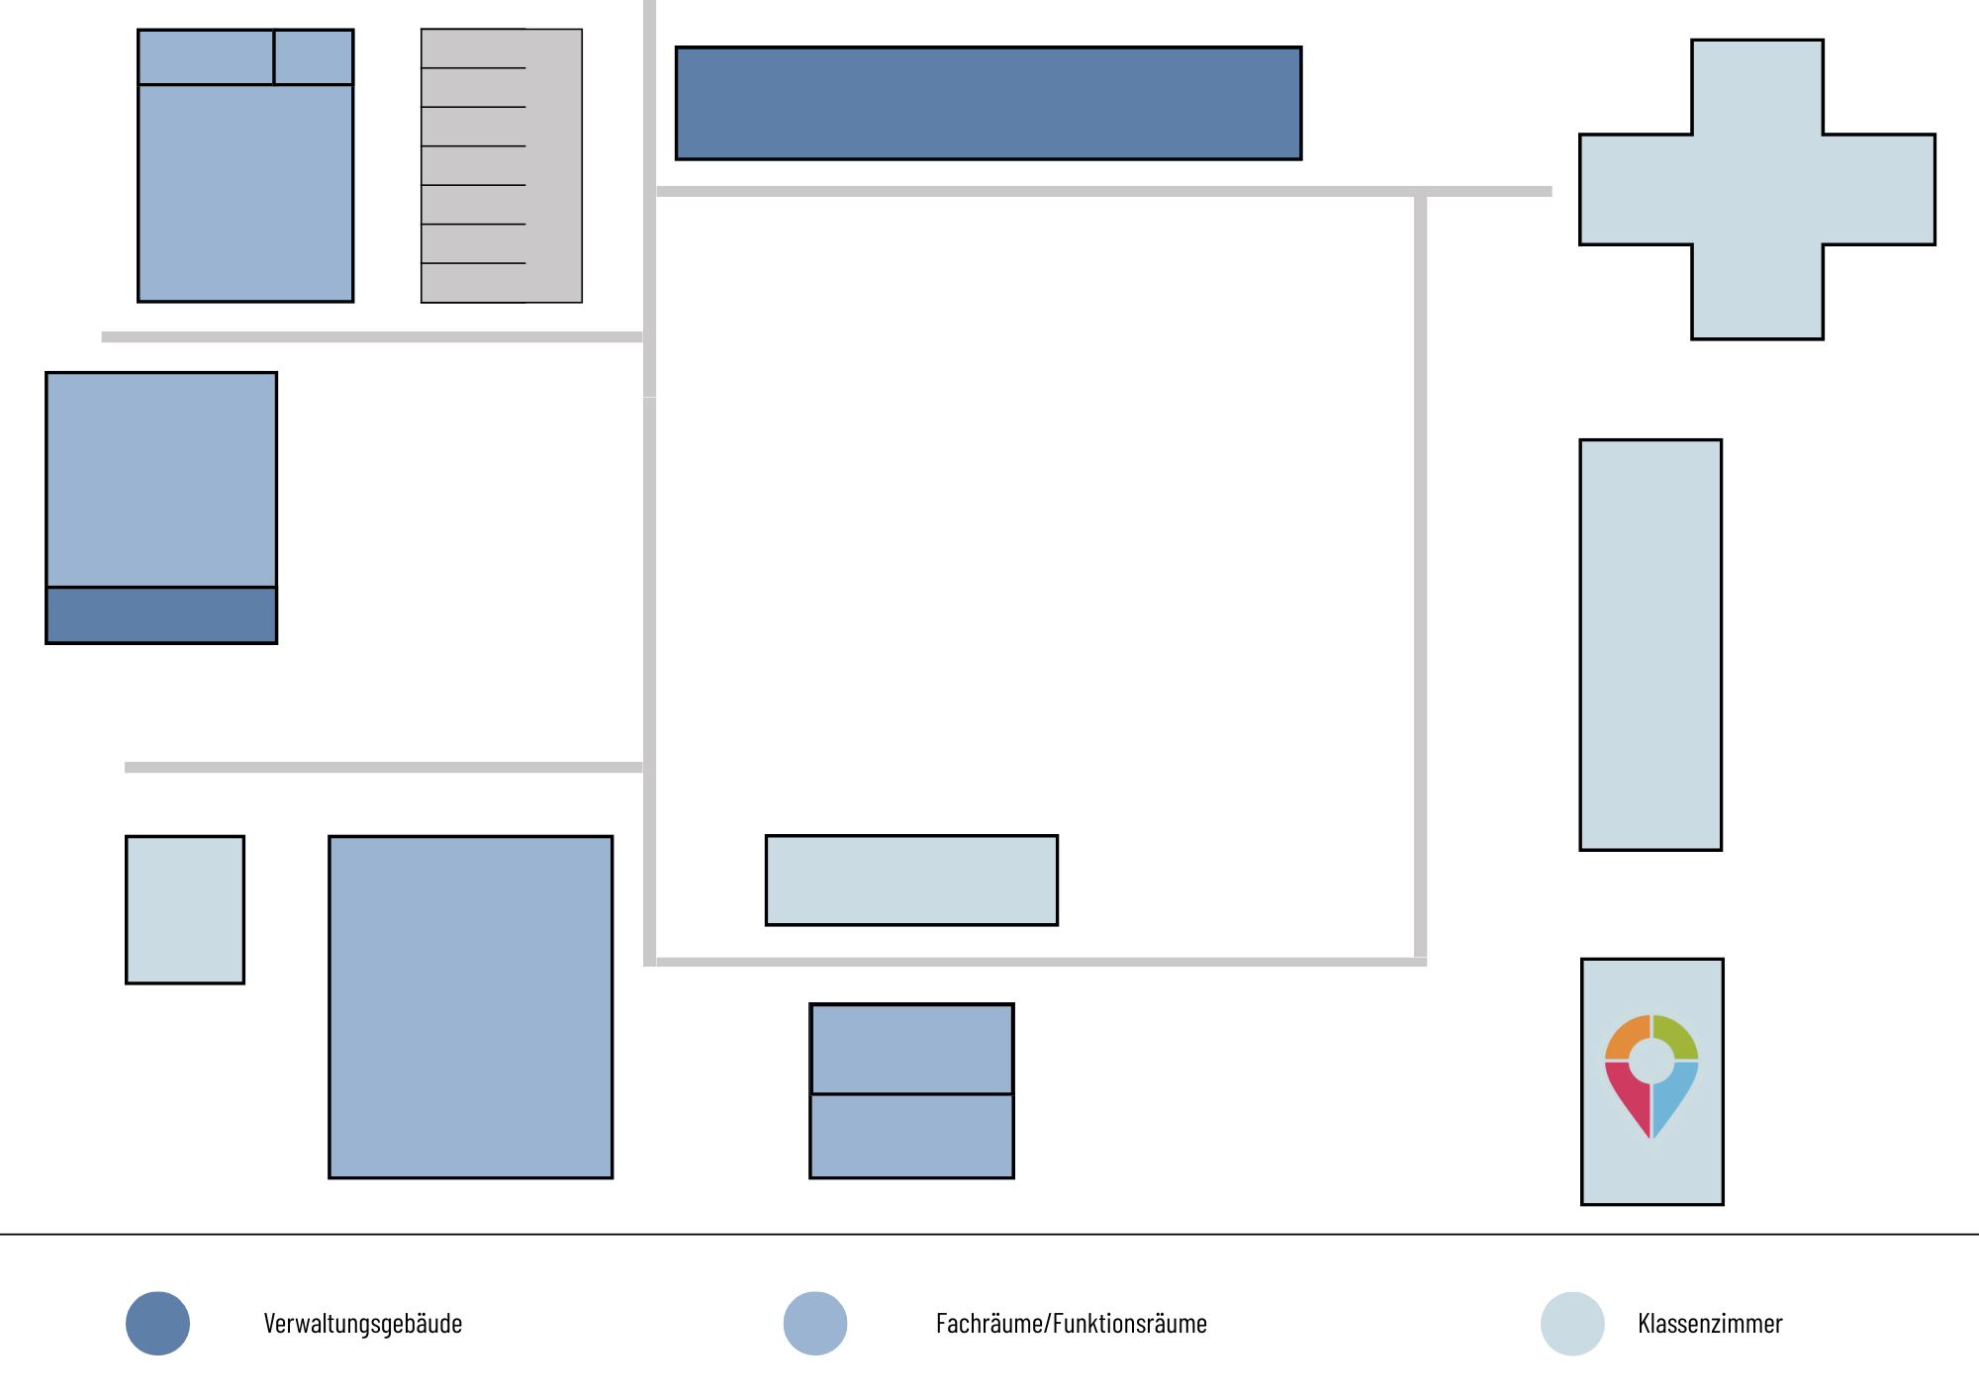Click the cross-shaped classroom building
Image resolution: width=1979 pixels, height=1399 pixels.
coord(1756,189)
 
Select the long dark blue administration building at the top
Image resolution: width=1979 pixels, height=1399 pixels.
coord(989,103)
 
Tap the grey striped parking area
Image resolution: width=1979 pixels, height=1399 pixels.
coord(502,165)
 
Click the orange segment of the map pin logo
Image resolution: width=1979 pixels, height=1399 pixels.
coord(1627,1038)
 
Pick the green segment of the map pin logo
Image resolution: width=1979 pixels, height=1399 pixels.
coord(1676,1038)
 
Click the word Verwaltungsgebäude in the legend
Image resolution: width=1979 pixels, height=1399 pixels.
coord(363,1324)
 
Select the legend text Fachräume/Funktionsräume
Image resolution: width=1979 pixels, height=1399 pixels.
coord(1072,1324)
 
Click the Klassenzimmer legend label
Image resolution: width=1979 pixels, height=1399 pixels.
coord(1710,1324)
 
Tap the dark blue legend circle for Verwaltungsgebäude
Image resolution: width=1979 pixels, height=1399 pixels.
coord(157,1324)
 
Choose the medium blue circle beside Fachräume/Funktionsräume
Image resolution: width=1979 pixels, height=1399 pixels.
coord(815,1324)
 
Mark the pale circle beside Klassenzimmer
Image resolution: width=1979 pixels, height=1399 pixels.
coord(1572,1324)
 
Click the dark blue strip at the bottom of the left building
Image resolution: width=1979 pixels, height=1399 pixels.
coord(161,615)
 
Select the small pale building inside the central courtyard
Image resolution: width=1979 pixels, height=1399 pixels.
coord(911,881)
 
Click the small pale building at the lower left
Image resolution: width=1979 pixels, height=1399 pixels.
coord(185,910)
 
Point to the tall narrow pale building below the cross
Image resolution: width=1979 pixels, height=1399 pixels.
coord(1650,645)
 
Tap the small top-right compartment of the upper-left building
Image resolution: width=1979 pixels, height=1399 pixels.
coord(314,57)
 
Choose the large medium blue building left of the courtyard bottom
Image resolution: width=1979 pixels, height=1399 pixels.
coord(471,1007)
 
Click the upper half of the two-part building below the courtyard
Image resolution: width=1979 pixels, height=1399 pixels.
coord(911,1049)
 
